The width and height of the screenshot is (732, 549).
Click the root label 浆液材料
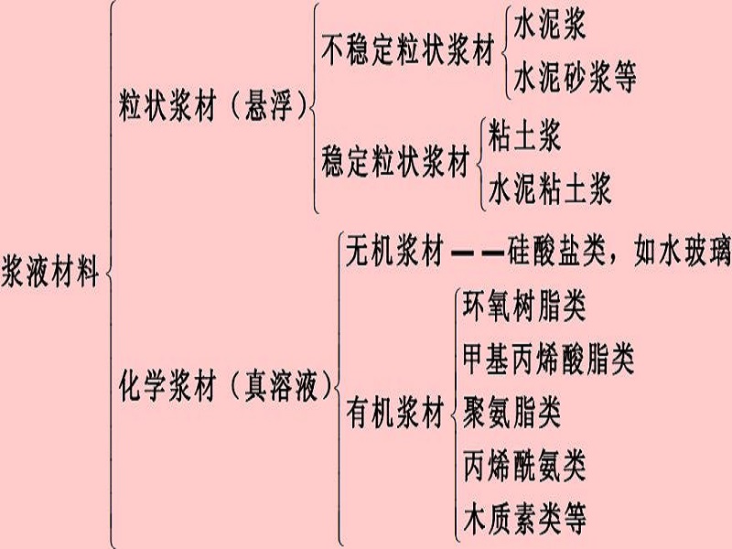pyautogui.click(x=50, y=271)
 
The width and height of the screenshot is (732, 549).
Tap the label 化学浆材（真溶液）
pyautogui.click(x=225, y=386)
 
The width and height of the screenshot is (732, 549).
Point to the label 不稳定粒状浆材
pyautogui.click(x=408, y=50)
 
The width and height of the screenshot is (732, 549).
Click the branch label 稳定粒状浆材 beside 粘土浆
pyautogui.click(x=396, y=162)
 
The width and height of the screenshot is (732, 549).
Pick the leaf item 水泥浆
pyautogui.click(x=550, y=25)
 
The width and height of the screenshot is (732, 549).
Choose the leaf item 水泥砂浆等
pyautogui.click(x=575, y=78)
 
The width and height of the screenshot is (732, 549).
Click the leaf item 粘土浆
pyautogui.click(x=524, y=135)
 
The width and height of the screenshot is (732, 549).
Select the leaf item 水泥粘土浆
pyautogui.click(x=550, y=189)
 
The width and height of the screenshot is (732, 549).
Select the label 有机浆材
pyautogui.click(x=395, y=414)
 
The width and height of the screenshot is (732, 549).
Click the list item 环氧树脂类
pyautogui.click(x=524, y=307)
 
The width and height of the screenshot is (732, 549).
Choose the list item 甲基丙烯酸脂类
pyautogui.click(x=549, y=360)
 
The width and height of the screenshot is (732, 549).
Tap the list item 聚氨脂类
pyautogui.click(x=511, y=413)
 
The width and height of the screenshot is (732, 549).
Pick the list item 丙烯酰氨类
pyautogui.click(x=524, y=466)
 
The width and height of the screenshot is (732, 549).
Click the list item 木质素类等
pyautogui.click(x=524, y=518)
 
